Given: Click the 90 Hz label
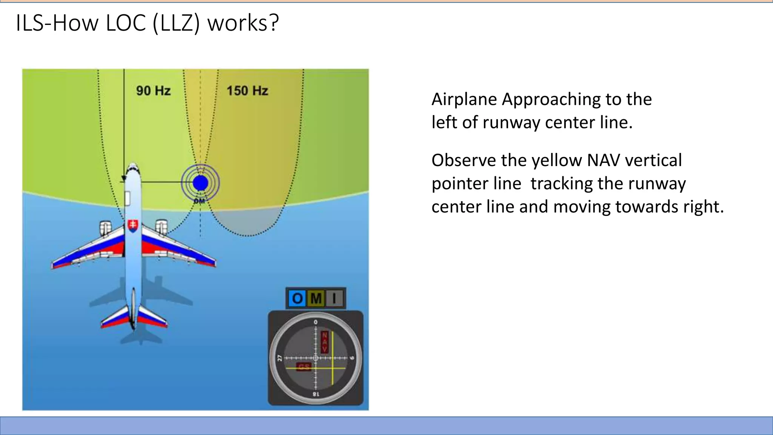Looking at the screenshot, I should [x=153, y=91].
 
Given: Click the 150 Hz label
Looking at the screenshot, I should [x=247, y=91].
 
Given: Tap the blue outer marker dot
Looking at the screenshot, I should [x=200, y=183].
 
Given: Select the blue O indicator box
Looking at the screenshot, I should [x=297, y=298].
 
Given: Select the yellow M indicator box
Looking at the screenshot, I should [x=316, y=298].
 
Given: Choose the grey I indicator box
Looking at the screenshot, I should [x=334, y=298].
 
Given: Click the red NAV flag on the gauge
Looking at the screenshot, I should [x=325, y=342].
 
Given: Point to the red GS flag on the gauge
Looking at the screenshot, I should [x=304, y=367].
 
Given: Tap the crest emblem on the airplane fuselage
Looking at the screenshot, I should [x=133, y=225].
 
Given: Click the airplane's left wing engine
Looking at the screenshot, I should [x=105, y=227].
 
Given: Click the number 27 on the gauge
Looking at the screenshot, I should [x=280, y=358].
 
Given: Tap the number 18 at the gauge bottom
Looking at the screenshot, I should [x=316, y=394].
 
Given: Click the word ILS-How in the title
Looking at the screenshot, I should [x=57, y=23].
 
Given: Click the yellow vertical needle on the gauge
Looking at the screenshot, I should [x=333, y=362].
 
